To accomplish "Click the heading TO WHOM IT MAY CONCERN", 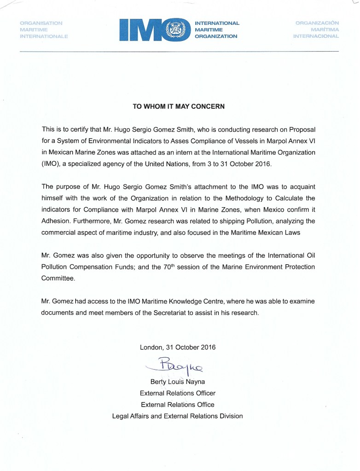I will (179, 106).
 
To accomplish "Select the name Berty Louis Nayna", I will (177, 382).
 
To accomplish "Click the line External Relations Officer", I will (177, 393).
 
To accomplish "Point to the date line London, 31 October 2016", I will (177, 347).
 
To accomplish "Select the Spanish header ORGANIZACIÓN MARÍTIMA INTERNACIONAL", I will (317, 30).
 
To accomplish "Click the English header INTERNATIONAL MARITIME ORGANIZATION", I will (217, 30).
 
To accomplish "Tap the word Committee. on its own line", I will (58, 279).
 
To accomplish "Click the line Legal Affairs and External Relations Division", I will (177, 416).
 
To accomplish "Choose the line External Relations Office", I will (177, 405).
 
